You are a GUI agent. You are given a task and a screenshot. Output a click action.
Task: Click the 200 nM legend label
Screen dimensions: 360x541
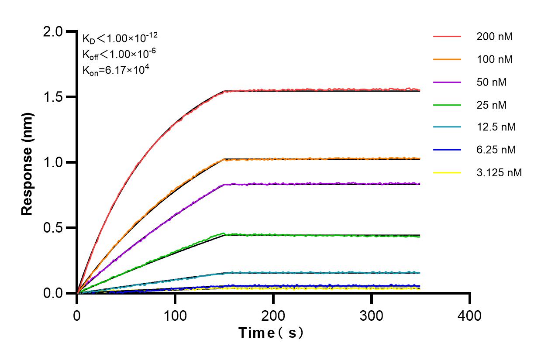(x=494, y=37)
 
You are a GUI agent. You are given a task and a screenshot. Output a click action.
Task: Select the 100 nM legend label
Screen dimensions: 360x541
(x=494, y=59)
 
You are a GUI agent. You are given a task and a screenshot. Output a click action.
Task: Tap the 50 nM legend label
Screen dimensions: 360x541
(x=492, y=82)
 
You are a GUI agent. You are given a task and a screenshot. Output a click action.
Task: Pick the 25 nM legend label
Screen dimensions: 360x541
(x=492, y=105)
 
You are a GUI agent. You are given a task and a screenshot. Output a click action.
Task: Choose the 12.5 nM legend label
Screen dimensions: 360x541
(x=496, y=127)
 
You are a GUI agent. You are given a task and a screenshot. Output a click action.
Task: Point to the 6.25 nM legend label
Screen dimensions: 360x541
(x=496, y=150)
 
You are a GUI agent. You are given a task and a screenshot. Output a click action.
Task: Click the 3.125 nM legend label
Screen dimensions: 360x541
(x=499, y=173)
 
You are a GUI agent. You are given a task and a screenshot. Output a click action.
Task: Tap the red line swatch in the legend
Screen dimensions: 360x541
(x=447, y=37)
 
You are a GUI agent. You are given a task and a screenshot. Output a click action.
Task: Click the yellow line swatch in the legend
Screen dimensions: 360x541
(x=447, y=173)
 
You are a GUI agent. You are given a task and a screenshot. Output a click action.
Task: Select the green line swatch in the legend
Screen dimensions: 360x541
(x=447, y=105)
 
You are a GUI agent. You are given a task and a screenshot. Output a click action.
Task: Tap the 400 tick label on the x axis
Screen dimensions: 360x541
(x=470, y=315)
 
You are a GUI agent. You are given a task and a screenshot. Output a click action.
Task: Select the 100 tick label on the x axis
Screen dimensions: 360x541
(x=175, y=315)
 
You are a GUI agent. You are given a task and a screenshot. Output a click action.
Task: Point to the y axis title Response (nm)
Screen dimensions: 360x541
(x=28, y=162)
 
